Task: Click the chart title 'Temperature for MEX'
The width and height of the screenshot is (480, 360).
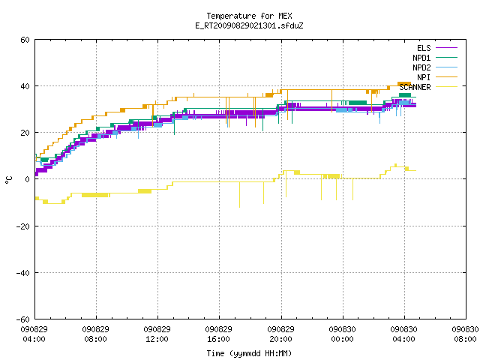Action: point(249,16)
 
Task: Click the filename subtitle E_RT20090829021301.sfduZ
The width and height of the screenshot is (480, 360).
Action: point(249,25)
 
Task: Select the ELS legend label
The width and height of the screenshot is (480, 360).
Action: point(424,48)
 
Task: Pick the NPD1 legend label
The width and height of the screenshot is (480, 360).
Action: point(421,58)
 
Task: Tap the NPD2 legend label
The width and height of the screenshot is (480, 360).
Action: point(421,67)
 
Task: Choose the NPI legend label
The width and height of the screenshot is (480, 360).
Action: point(424,77)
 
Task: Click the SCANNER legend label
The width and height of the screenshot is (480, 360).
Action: point(415,87)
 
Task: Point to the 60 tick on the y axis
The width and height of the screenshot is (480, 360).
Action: point(25,40)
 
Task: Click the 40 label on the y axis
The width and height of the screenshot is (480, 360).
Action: point(25,86)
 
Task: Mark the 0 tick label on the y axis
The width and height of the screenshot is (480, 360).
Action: point(28,179)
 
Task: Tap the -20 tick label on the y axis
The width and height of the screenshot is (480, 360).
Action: point(23,226)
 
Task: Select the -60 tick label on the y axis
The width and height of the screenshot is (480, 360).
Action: point(23,319)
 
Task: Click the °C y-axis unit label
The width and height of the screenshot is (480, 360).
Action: point(8,180)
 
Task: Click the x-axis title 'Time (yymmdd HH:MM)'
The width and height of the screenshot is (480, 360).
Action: point(249,353)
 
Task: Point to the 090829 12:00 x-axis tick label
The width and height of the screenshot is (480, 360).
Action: point(157,334)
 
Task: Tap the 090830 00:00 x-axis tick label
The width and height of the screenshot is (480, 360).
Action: point(342,334)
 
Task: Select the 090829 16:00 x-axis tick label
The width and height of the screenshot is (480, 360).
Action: point(218,334)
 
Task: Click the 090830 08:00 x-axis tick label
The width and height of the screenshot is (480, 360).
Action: point(465,334)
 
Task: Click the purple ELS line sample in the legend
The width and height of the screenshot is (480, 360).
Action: point(447,48)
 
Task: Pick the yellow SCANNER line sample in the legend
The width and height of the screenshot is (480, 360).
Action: point(447,87)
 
